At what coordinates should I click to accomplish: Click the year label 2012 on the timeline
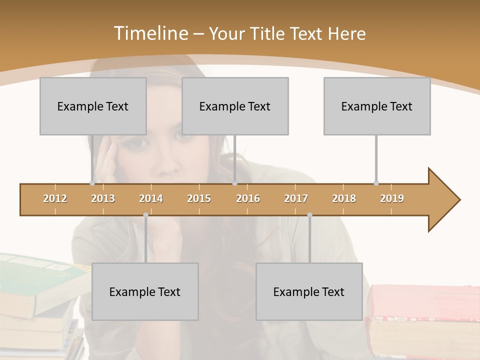(55, 198)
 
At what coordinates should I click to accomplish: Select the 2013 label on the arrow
(103, 198)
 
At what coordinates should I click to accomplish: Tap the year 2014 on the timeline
(151, 198)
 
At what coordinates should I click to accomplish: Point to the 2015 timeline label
(199, 198)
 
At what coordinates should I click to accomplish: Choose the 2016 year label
(248, 198)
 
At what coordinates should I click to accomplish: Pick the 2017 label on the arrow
(296, 198)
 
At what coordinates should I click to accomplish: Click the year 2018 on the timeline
(344, 198)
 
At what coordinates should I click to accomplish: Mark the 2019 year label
(392, 198)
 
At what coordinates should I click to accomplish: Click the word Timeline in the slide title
(149, 33)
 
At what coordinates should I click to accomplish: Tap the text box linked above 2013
(93, 106)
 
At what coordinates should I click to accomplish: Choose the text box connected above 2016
(235, 106)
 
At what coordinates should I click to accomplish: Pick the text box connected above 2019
(377, 106)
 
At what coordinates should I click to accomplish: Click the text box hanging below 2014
(145, 291)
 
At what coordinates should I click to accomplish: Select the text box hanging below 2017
(309, 291)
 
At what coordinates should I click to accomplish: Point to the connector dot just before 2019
(376, 183)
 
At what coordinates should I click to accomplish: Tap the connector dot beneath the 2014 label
(145, 215)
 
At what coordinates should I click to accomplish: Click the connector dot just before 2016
(234, 183)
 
